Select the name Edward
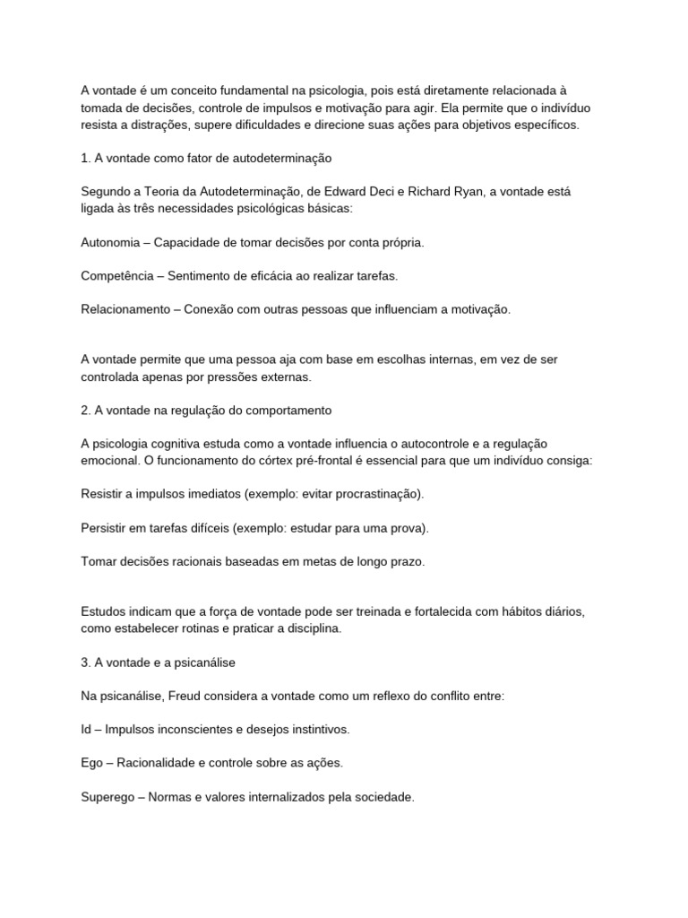[x=362, y=191]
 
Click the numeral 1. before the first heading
[x=85, y=158]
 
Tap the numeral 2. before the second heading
[x=85, y=410]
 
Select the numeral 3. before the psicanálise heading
[x=85, y=663]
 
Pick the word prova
[x=407, y=527]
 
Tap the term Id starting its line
[x=86, y=729]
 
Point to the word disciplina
[x=310, y=628]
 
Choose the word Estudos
[x=104, y=611]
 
